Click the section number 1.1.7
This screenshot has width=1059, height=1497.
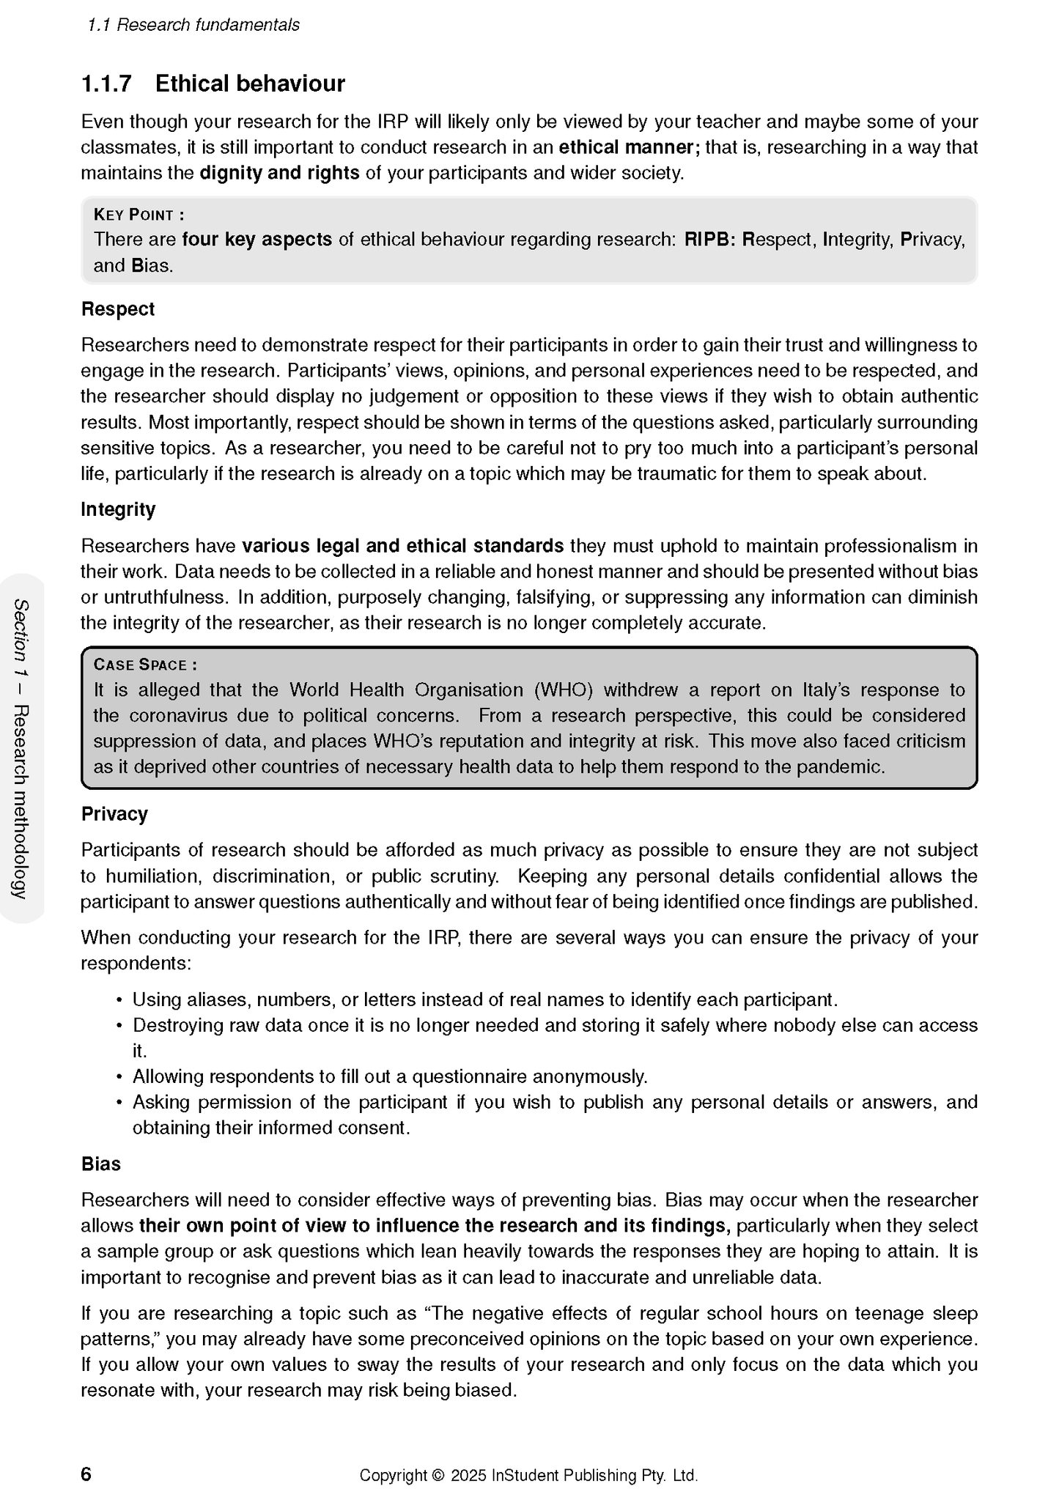pos(106,84)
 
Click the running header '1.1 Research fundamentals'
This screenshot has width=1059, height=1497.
pos(193,25)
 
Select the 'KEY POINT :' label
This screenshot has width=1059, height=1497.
pos(139,215)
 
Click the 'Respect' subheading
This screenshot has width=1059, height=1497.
pos(117,309)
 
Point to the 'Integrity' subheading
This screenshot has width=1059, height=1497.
pos(118,509)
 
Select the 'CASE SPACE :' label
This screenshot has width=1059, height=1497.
pos(145,665)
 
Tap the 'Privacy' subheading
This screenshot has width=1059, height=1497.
pos(114,814)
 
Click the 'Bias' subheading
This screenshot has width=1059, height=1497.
pos(100,1164)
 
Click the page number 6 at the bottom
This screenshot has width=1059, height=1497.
pos(86,1474)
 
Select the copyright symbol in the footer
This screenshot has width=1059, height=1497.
pos(438,1476)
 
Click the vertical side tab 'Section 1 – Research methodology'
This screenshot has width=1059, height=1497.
pos(21,748)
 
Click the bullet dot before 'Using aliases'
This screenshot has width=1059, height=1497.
pos(119,1001)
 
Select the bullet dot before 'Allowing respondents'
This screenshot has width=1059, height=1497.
pos(119,1078)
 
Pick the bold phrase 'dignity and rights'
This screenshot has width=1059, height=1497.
pos(279,174)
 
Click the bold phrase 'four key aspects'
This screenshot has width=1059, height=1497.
pos(257,240)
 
